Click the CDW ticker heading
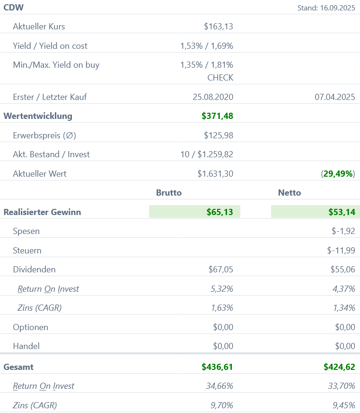click(13, 7)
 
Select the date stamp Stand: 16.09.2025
click(326, 8)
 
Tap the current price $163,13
click(218, 27)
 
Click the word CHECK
click(220, 77)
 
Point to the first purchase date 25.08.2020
click(213, 97)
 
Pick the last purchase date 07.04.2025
click(334, 97)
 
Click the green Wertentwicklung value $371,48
click(217, 116)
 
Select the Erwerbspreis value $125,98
click(218, 135)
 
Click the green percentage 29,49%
click(338, 174)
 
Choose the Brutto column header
click(169, 193)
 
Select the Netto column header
click(290, 193)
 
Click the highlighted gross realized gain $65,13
click(220, 212)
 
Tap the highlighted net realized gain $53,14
click(342, 212)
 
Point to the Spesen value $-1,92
click(343, 232)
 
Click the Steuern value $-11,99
click(341, 251)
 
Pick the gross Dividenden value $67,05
click(220, 270)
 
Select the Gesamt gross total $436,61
click(217, 367)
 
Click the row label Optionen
click(30, 327)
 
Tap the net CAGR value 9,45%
click(344, 405)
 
